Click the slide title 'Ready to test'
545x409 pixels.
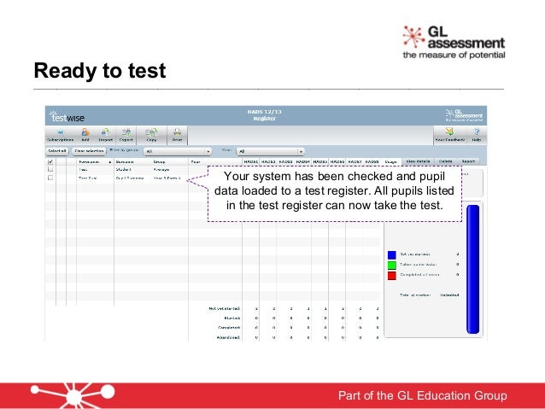coord(99,69)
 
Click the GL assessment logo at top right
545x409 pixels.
coord(454,41)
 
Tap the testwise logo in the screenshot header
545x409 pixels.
coord(67,117)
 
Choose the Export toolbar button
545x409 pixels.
coord(126,135)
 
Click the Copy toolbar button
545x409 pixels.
coord(151,135)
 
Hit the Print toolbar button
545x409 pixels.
coord(177,135)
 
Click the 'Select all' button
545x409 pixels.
coord(56,150)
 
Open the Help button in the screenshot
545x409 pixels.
coord(476,135)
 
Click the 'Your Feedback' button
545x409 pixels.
coord(448,135)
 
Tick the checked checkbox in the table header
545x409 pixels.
coord(50,161)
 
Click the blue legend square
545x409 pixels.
coord(391,254)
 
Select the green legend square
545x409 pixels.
coord(391,265)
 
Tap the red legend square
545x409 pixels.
coord(391,275)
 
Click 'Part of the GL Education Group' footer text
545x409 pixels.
coord(423,395)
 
